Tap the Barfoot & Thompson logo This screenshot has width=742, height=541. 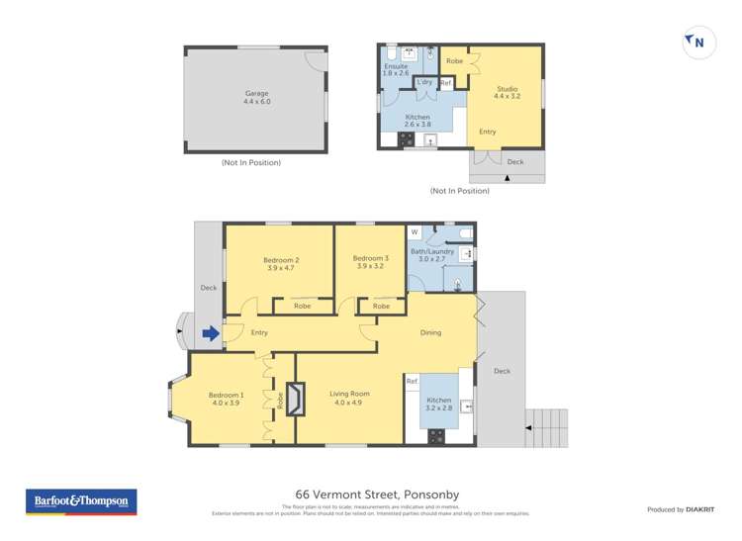pyautogui.click(x=81, y=501)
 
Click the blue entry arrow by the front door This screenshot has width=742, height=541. pyautogui.click(x=211, y=334)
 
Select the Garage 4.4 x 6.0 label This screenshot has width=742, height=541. pyautogui.click(x=256, y=97)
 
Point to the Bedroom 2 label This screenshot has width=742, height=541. pyautogui.click(x=282, y=264)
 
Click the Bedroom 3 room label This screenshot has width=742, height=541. pyautogui.click(x=370, y=262)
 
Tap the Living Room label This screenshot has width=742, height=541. pyautogui.click(x=349, y=398)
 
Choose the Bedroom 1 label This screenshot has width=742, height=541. pyautogui.click(x=226, y=399)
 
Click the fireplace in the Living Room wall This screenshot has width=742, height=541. pyautogui.click(x=293, y=399)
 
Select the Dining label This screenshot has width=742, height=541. pyautogui.click(x=430, y=332)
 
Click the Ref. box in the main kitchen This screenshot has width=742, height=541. pyautogui.click(x=413, y=381)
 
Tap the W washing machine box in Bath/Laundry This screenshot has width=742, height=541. pyautogui.click(x=415, y=232)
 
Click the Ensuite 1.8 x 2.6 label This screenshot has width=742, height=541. pyautogui.click(x=396, y=69)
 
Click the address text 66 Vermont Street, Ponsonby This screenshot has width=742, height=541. pyautogui.click(x=377, y=495)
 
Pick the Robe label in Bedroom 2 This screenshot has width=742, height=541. pyautogui.click(x=302, y=306)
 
